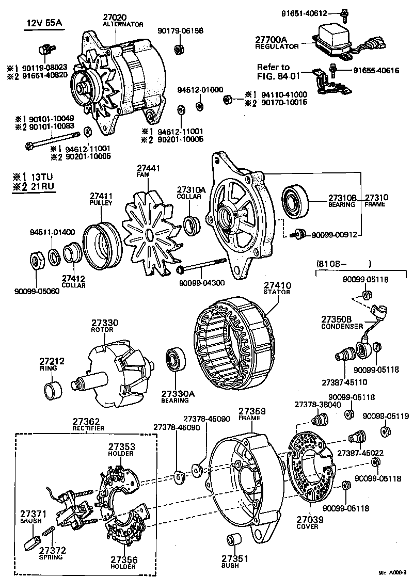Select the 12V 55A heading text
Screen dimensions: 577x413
point(45,24)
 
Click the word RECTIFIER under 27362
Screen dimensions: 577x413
point(88,428)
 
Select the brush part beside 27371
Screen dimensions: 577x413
point(31,542)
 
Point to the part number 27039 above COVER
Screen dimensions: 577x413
point(308,519)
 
